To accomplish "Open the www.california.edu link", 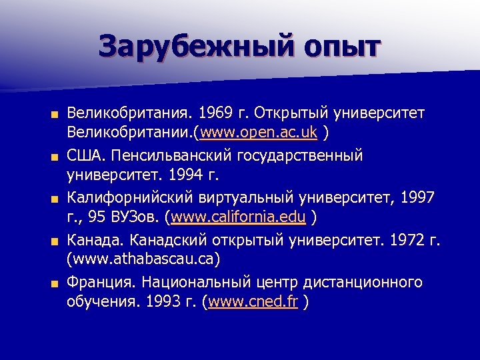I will pyautogui.click(x=239, y=217).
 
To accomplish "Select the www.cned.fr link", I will pyautogui.click(x=253, y=301).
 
